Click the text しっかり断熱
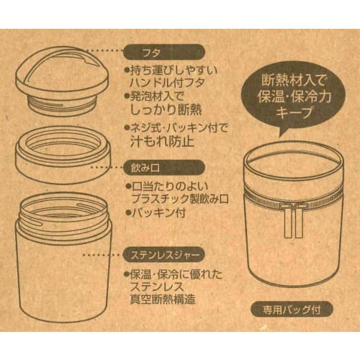[173, 101]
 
